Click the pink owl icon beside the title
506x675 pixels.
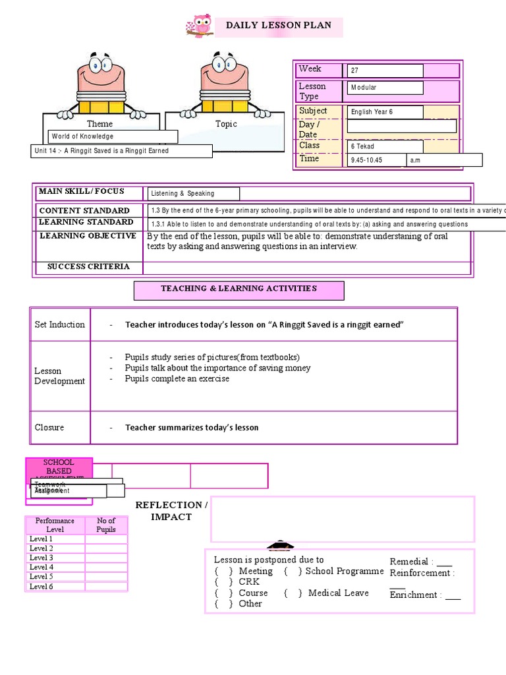click(x=200, y=26)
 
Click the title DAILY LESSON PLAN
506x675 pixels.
click(x=279, y=26)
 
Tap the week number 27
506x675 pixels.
click(x=385, y=71)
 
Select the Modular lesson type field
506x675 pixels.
click(x=385, y=87)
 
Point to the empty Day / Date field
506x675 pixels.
click(x=401, y=126)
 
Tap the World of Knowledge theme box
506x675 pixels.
click(x=113, y=136)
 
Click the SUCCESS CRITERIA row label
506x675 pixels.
click(x=88, y=267)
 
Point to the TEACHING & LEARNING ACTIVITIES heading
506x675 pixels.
click(x=239, y=289)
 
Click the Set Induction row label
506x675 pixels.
click(x=60, y=324)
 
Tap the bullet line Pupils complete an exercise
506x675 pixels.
click(x=177, y=379)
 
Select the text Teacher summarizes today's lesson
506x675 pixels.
click(x=192, y=428)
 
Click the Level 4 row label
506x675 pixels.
click(x=42, y=567)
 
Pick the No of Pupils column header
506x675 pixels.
click(x=106, y=525)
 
